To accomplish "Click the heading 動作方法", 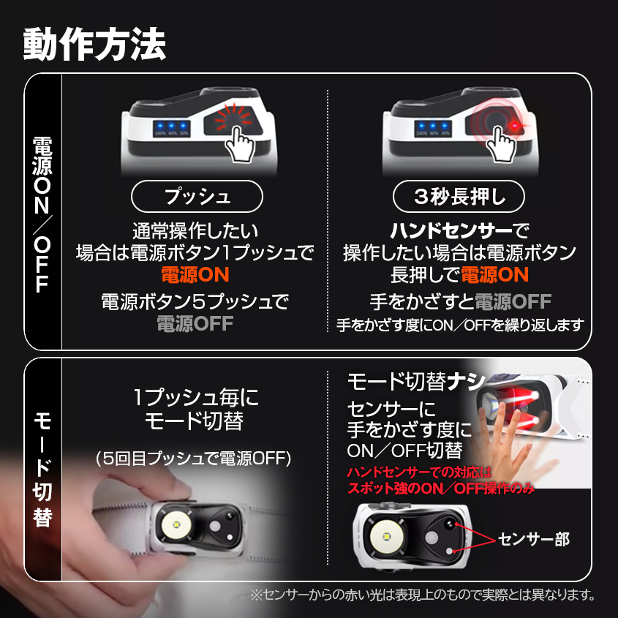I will pos(95,44).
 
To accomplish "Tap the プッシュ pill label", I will pos(197,196).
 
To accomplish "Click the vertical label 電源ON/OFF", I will pos(42,212).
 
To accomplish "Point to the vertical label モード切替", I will pos(42,468).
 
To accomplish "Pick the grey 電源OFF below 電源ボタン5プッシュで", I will pos(195,323).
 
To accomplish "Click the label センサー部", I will pos(533,540).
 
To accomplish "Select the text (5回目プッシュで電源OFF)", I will pos(195,459).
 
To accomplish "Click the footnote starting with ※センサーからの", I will pos(423,595).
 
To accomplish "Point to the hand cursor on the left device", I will pos(239,143).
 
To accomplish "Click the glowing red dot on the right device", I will pos(516,129).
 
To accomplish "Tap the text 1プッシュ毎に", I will pos(195,398).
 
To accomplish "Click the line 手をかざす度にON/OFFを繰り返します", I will pos(460,325).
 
